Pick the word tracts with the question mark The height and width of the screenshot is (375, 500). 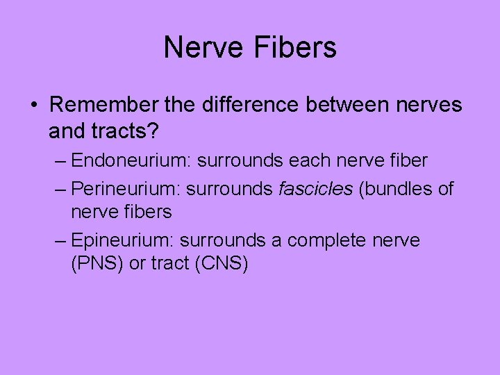click(131, 130)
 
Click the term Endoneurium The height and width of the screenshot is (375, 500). click(131, 161)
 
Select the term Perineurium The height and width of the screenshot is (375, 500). click(128, 188)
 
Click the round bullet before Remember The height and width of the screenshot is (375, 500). click(34, 106)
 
